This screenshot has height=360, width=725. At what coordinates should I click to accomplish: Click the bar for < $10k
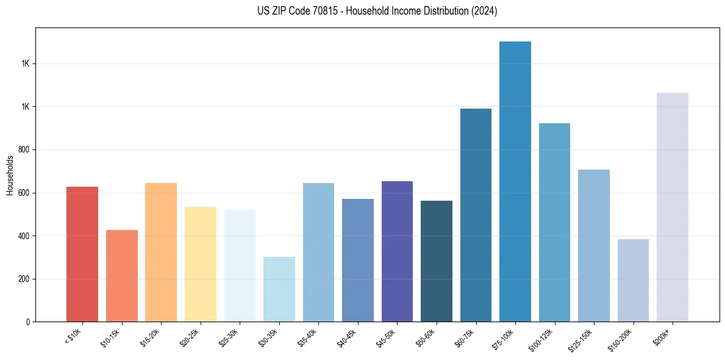[82, 254]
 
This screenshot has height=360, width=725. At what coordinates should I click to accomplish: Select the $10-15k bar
[121, 276]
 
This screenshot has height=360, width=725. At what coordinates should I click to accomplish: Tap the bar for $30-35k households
[279, 289]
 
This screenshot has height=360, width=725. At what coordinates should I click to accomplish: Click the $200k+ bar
[673, 207]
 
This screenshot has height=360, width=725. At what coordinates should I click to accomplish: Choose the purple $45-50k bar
[397, 251]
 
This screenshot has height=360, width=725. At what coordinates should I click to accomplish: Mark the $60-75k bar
[476, 215]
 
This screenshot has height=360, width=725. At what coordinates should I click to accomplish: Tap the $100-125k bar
[554, 222]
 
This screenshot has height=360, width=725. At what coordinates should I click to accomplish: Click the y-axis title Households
[10, 175]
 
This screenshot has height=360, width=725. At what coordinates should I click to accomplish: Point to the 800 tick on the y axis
[24, 149]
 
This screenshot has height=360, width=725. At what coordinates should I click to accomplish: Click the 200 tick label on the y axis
[24, 279]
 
